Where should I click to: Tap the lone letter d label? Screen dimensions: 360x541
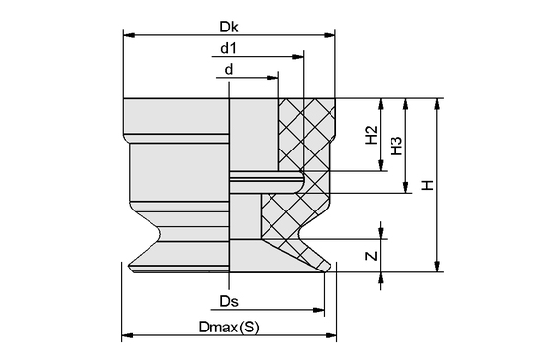(x=229, y=69)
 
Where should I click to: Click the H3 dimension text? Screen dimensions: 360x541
(x=396, y=146)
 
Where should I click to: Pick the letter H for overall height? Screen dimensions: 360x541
(x=427, y=184)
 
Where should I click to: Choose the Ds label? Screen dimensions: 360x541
(x=229, y=300)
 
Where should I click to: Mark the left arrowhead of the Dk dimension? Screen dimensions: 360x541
(x=127, y=35)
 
